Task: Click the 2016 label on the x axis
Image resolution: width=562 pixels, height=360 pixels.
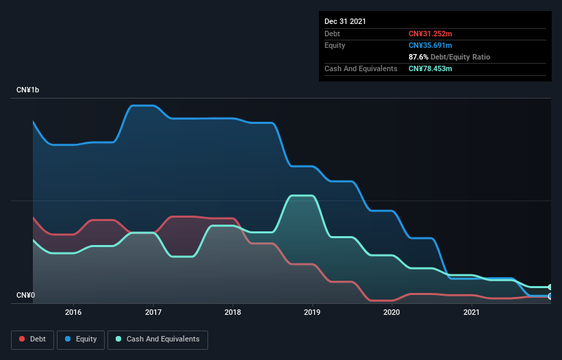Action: click(x=73, y=312)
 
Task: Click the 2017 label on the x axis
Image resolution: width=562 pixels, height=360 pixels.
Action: click(x=153, y=312)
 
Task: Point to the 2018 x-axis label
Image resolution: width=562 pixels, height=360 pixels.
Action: click(x=233, y=312)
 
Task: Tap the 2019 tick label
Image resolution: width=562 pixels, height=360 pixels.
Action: click(x=312, y=312)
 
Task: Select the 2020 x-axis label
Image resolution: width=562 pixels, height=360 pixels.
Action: click(x=392, y=312)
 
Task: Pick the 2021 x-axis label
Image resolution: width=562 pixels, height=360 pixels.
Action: click(x=471, y=312)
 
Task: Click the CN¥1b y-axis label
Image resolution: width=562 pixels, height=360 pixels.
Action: click(x=29, y=90)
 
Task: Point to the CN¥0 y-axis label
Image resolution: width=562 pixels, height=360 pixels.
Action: click(x=25, y=296)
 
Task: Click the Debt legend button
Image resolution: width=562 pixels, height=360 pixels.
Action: click(x=32, y=339)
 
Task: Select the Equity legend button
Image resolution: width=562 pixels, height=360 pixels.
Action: click(x=81, y=339)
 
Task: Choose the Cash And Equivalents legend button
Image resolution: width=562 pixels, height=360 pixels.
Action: click(x=157, y=339)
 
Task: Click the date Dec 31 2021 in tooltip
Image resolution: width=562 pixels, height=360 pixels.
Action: click(x=345, y=21)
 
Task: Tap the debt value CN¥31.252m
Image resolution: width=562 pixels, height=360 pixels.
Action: click(x=430, y=34)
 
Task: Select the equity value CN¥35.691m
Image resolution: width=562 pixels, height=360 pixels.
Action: click(x=431, y=45)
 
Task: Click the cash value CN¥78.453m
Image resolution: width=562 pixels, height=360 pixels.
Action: click(x=431, y=68)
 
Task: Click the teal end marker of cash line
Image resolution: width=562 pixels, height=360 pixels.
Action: click(x=550, y=287)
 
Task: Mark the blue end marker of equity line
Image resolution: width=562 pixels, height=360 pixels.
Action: click(x=550, y=296)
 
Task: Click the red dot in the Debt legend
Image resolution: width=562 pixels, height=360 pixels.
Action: click(x=23, y=339)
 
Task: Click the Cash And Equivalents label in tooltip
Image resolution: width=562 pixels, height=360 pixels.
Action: click(x=361, y=68)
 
